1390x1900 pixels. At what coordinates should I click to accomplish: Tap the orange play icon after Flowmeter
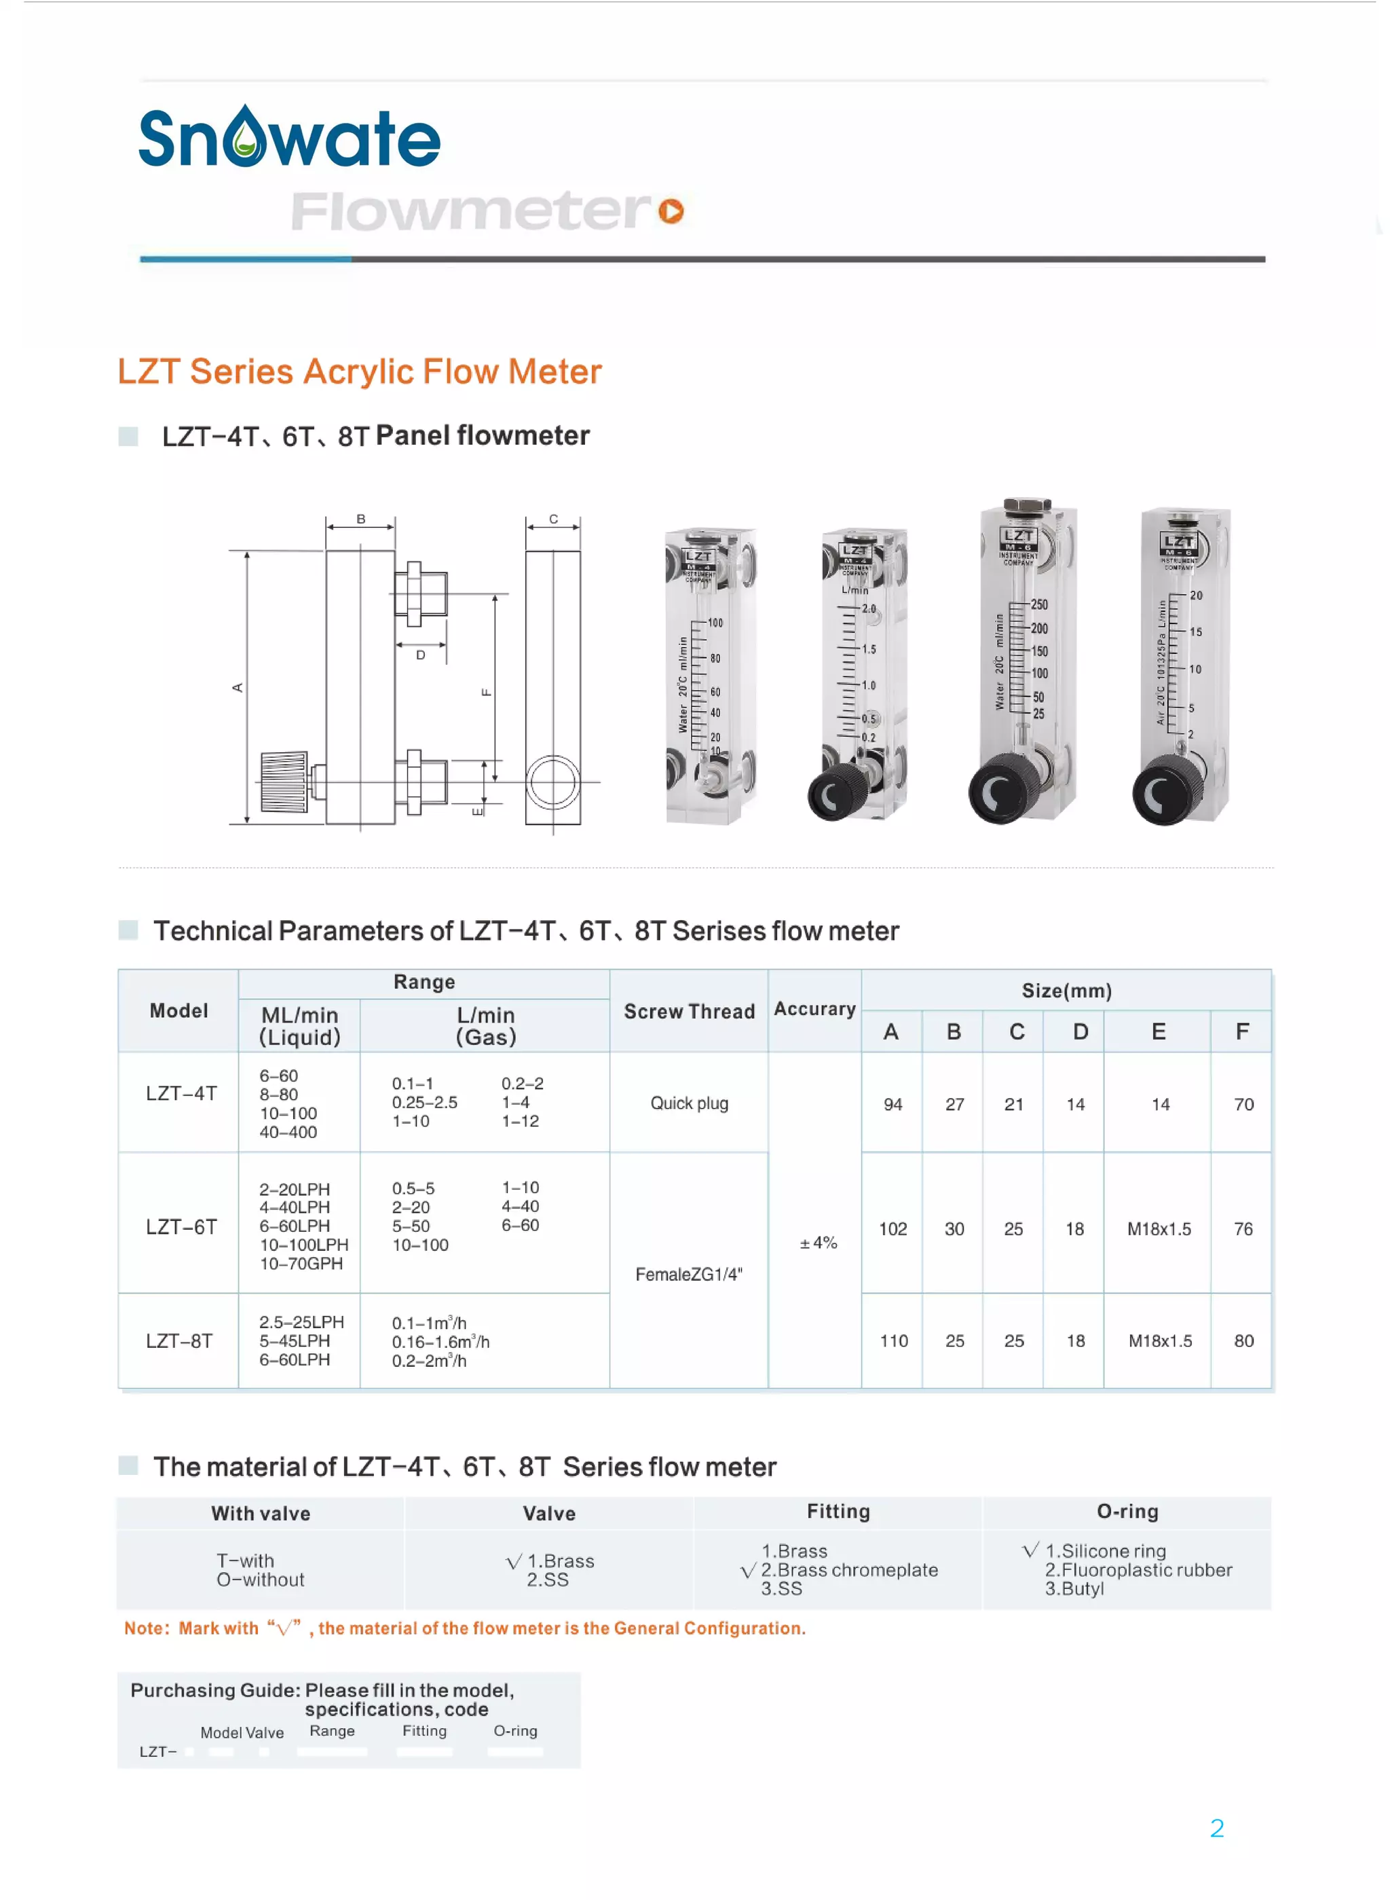tap(671, 211)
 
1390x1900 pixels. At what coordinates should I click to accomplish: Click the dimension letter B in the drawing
tap(361, 519)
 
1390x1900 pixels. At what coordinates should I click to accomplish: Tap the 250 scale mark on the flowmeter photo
tap(1039, 604)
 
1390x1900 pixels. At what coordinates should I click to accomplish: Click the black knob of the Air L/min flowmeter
tap(1165, 790)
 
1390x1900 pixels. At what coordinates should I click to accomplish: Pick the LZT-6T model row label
tap(181, 1226)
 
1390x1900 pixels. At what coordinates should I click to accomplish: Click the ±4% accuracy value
tap(818, 1243)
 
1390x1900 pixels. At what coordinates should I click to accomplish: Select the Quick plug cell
tap(689, 1103)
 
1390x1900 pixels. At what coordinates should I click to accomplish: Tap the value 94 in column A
tap(893, 1103)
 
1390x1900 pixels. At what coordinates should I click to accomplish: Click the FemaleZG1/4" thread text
tap(689, 1274)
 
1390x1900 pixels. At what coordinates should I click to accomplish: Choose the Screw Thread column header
tap(689, 1011)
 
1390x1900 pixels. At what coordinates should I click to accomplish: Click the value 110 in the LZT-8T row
tap(894, 1340)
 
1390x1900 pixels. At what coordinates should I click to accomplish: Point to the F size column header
tap(1242, 1031)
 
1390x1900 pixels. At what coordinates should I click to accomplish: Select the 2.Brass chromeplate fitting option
tap(848, 1569)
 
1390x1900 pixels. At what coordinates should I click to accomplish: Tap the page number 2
tap(1217, 1827)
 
